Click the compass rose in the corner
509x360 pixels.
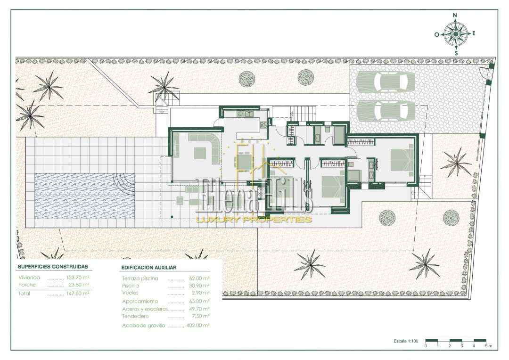pyautogui.click(x=455, y=34)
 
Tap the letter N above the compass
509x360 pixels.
pyautogui.click(x=455, y=15)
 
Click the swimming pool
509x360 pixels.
pyautogui.click(x=84, y=196)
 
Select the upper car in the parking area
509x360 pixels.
pyautogui.click(x=386, y=82)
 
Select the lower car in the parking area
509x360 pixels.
pyautogui.click(x=386, y=110)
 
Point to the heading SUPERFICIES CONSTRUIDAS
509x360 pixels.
pyautogui.click(x=53, y=267)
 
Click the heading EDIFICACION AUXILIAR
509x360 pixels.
pyautogui.click(x=148, y=268)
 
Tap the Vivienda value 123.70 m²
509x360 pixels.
pyautogui.click(x=78, y=278)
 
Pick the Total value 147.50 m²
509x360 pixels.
pyautogui.click(x=78, y=294)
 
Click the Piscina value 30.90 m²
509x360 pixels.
pyautogui.click(x=199, y=286)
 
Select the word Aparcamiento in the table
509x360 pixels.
pyautogui.click(x=140, y=301)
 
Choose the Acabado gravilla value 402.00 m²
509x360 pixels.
pyautogui.click(x=198, y=325)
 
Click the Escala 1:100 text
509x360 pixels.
pyautogui.click(x=406, y=341)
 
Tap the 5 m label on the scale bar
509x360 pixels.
pyautogui.click(x=489, y=346)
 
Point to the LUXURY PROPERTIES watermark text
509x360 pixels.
pyautogui.click(x=254, y=220)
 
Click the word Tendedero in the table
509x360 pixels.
pyautogui.click(x=135, y=316)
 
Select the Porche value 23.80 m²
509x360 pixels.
pyautogui.click(x=79, y=285)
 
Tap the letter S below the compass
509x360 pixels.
pyautogui.click(x=456, y=53)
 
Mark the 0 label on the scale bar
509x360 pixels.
pyautogui.click(x=426, y=346)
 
